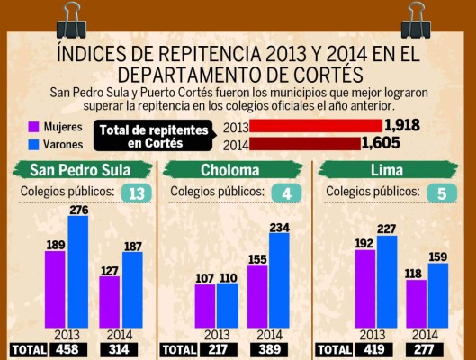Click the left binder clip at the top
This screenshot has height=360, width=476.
[68, 16]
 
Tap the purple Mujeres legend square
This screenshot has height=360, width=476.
[33, 126]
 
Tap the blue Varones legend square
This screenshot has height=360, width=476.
[33, 143]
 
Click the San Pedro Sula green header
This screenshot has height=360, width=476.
[78, 171]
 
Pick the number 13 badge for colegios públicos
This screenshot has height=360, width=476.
[137, 193]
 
